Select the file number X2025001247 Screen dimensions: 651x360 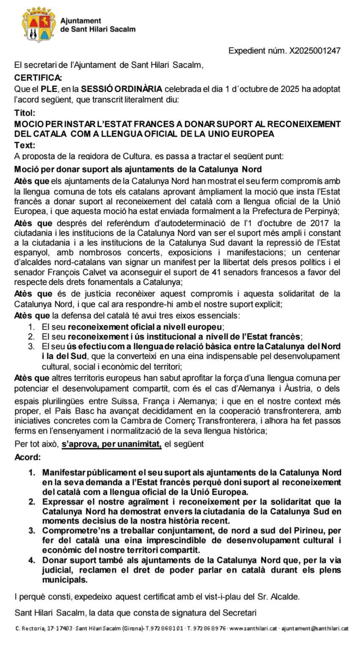(x=315, y=51)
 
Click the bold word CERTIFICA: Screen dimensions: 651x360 (x=38, y=77)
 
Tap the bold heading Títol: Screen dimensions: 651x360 (x=25, y=113)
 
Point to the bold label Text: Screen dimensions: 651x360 (x=25, y=145)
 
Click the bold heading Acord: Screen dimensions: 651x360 (x=27, y=457)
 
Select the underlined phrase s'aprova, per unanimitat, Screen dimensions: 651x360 (x=111, y=444)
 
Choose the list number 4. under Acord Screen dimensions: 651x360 (x=32, y=560)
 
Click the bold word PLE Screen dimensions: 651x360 (x=49, y=89)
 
